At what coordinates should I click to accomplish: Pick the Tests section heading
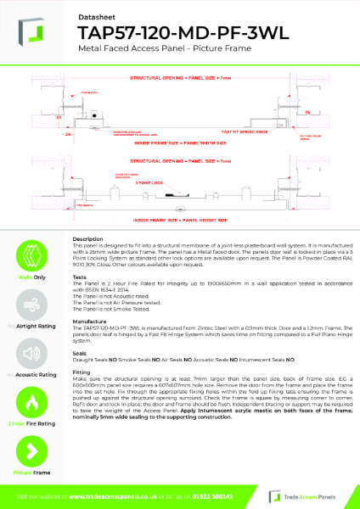(79, 277)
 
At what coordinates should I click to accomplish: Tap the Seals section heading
(79, 353)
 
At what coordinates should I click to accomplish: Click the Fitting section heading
(81, 372)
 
